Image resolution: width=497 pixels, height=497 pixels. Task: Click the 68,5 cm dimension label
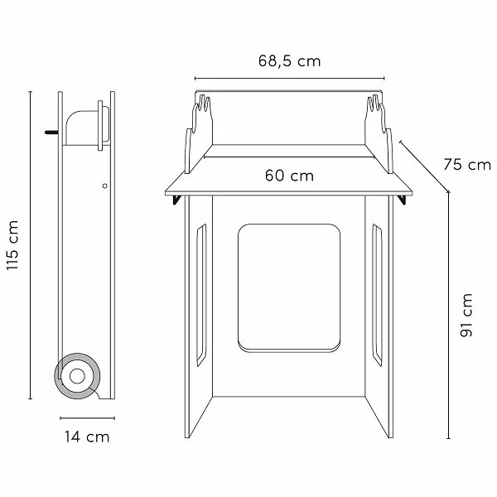tap(289, 60)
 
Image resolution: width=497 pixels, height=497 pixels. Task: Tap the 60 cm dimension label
tap(289, 176)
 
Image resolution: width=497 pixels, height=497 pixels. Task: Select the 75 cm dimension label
tap(467, 165)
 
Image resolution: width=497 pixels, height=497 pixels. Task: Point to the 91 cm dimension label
tap(466, 315)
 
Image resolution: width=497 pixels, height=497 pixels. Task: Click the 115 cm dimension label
tap(12, 245)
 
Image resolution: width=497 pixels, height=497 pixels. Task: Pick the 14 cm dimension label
tap(87, 437)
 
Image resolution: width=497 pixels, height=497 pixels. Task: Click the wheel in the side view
tap(77, 376)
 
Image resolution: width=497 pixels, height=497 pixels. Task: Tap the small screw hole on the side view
tap(105, 186)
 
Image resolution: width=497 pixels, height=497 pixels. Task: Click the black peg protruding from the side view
tap(51, 133)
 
